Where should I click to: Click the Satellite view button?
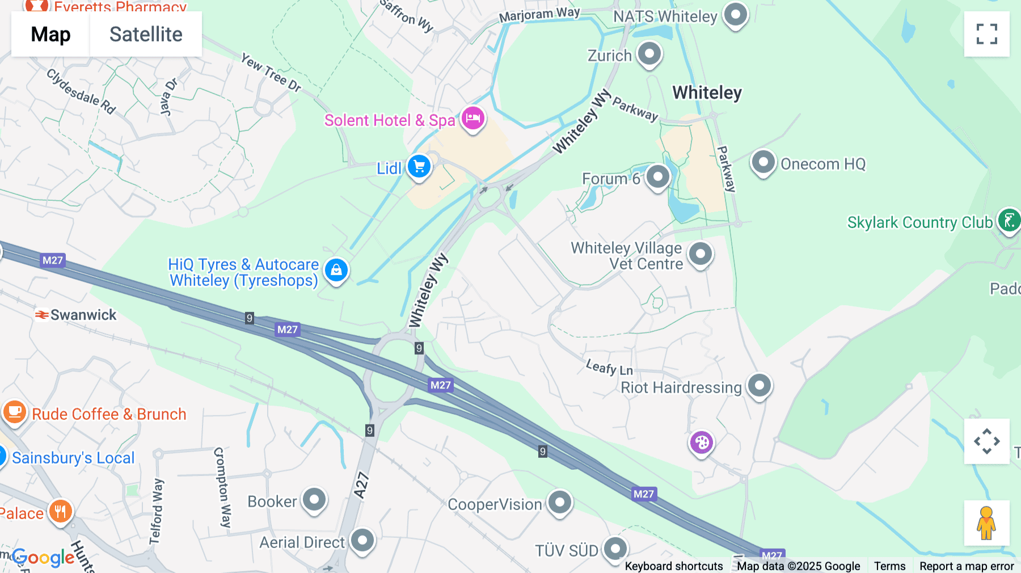146,35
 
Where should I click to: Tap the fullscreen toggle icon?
986,34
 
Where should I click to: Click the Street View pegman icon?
986,523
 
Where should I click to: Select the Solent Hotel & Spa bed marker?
472,119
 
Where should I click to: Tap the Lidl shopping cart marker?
419,167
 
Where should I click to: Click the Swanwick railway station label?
83,315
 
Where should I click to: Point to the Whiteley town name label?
707,92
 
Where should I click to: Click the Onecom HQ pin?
763,162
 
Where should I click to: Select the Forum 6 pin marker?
657,177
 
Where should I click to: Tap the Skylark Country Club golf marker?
1009,221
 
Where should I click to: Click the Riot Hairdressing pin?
759,386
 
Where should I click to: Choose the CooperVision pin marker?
560,502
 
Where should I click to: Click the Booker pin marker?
314,500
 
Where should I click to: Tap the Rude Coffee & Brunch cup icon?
15,412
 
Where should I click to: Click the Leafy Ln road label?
609,368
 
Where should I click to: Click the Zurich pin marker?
649,54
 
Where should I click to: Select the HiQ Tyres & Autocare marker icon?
336,271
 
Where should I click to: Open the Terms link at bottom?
889,566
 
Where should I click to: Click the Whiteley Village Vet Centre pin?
700,254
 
